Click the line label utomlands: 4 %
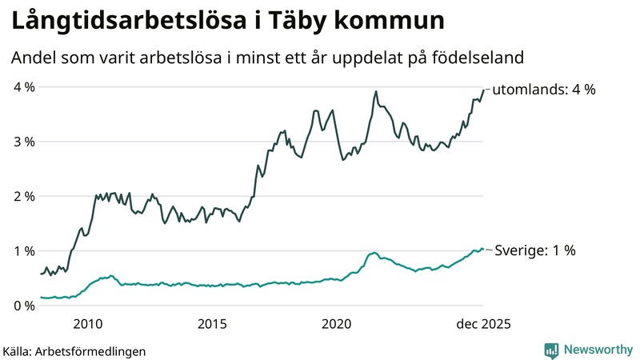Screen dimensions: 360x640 (x=544, y=90)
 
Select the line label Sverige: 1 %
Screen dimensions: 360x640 (x=534, y=250)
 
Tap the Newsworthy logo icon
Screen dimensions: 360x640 (x=551, y=350)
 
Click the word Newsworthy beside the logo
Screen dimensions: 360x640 (x=598, y=350)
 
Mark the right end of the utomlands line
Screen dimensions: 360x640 (x=484, y=90)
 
